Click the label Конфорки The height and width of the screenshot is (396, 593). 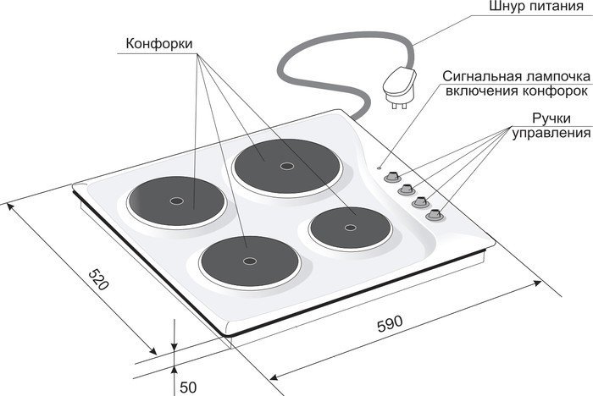click(159, 43)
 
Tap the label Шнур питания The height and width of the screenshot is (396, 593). click(536, 7)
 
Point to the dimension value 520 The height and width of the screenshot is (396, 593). click(98, 279)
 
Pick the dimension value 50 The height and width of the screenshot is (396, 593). click(188, 388)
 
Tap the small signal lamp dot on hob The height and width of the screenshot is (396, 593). click(380, 168)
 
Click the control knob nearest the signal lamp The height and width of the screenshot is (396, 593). click(392, 177)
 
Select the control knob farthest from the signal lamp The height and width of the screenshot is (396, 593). click(434, 215)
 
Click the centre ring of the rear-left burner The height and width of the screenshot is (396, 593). click(176, 201)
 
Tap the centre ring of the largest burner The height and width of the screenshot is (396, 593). click(286, 166)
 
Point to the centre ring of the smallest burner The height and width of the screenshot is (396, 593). click(350, 228)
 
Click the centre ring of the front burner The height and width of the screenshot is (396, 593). click(250, 261)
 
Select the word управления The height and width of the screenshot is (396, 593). click(551, 134)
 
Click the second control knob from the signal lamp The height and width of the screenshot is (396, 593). click(407, 190)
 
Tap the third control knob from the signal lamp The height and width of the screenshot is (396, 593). click(420, 202)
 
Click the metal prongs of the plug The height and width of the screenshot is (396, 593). click(399, 105)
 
